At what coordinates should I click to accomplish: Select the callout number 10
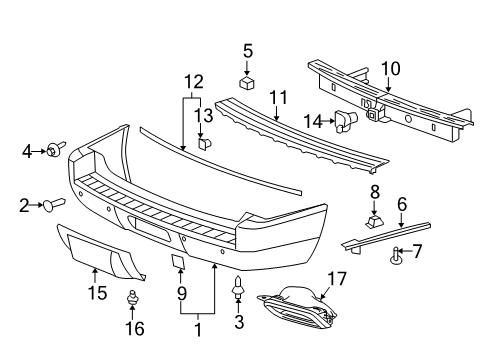pos(389,69)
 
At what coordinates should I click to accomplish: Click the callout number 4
pos(27,151)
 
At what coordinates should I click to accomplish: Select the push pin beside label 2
pos(52,205)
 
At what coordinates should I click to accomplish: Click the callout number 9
pos(181,294)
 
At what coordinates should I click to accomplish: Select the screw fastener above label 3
pos(238,289)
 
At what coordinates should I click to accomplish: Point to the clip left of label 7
pos(397,261)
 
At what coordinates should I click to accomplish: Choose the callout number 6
pos(401,203)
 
